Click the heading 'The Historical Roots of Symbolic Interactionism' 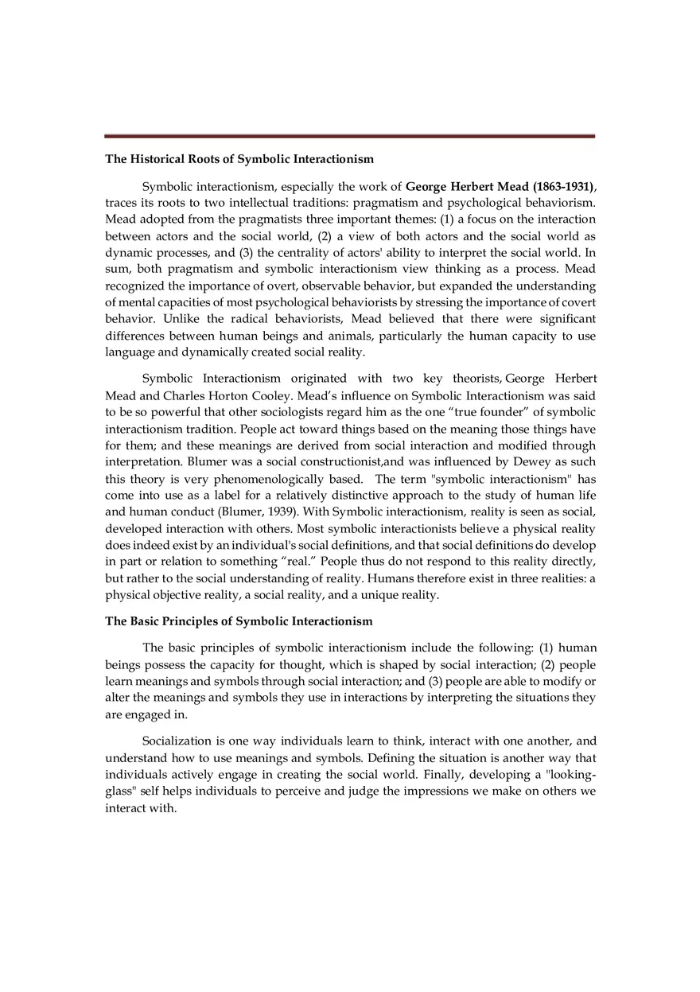click(x=239, y=159)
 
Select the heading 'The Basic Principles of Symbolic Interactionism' click(x=239, y=620)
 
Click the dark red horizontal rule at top click(x=349, y=136)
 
